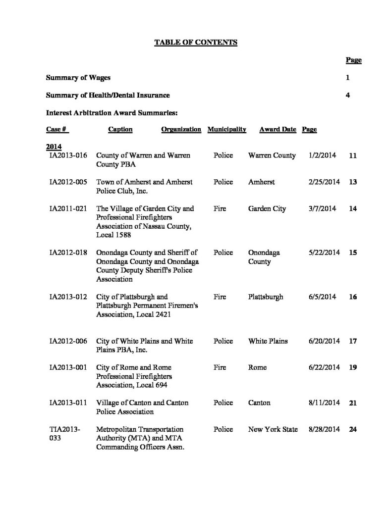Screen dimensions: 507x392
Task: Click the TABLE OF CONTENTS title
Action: (x=196, y=43)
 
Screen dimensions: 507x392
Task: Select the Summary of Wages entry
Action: (x=78, y=78)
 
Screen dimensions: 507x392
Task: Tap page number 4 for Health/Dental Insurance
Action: (x=348, y=95)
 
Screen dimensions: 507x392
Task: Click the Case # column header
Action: (x=56, y=130)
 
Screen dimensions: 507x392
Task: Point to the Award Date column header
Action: (x=278, y=130)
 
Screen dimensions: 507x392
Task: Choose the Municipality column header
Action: (x=227, y=130)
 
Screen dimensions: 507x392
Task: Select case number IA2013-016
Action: (x=68, y=155)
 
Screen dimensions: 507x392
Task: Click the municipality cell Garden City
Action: (x=267, y=209)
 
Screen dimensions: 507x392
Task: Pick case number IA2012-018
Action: (x=68, y=253)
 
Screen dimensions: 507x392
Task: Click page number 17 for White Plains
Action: (x=353, y=342)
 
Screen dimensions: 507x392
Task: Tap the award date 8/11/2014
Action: (x=324, y=403)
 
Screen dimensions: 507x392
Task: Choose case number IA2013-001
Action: (x=68, y=367)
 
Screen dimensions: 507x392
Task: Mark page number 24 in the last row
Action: (x=353, y=430)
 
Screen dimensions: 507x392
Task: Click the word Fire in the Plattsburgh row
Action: (x=220, y=297)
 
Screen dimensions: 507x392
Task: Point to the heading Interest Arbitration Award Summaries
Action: (x=112, y=113)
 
